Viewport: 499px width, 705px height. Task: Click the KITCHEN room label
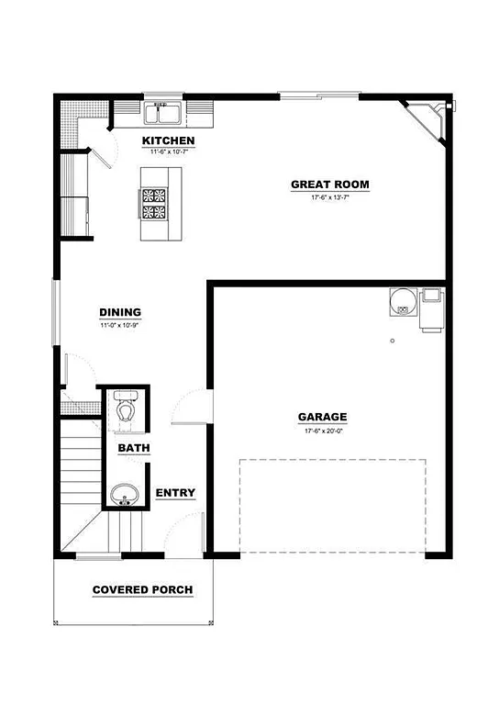click(168, 140)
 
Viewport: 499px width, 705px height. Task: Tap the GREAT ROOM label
click(330, 185)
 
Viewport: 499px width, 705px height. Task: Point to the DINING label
click(120, 312)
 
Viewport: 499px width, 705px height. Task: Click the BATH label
click(134, 448)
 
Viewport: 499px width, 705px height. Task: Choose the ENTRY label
click(175, 493)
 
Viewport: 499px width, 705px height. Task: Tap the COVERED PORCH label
click(143, 589)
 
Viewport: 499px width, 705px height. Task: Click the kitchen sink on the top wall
click(166, 115)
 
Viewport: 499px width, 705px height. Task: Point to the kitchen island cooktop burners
click(153, 203)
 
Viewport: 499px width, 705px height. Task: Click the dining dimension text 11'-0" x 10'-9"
click(119, 325)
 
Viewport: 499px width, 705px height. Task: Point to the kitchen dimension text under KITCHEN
click(168, 151)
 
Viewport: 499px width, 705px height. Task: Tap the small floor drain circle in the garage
click(392, 341)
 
